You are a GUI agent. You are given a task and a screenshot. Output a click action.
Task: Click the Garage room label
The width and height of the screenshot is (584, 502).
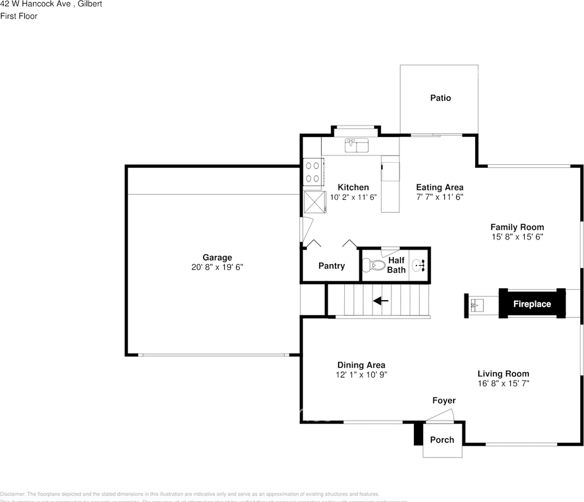pyautogui.click(x=217, y=257)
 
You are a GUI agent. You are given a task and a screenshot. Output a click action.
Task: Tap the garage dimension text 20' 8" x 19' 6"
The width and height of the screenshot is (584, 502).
pyautogui.click(x=217, y=267)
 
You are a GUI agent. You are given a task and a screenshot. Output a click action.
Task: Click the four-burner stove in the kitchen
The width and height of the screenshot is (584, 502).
pyautogui.click(x=313, y=172)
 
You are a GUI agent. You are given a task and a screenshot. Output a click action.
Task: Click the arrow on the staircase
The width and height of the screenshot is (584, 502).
pyautogui.click(x=380, y=301)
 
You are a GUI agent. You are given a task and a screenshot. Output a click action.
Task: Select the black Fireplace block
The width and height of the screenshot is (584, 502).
pyautogui.click(x=532, y=304)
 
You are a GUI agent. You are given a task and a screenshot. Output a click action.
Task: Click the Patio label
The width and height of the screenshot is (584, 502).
pyautogui.click(x=441, y=98)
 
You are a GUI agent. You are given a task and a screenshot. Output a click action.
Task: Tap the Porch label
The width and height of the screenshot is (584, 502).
pyautogui.click(x=442, y=440)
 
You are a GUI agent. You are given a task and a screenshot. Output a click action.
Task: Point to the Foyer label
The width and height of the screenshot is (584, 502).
pyautogui.click(x=444, y=401)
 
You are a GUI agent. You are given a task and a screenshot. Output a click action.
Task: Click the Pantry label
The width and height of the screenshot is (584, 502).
pyautogui.click(x=332, y=266)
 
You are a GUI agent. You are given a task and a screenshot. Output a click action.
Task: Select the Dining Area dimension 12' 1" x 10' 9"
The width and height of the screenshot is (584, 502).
pyautogui.click(x=361, y=375)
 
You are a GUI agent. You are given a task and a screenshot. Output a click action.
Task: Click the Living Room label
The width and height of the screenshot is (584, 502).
pyautogui.click(x=503, y=373)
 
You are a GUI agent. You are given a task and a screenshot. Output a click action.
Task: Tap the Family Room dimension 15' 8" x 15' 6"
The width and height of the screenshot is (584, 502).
pyautogui.click(x=517, y=237)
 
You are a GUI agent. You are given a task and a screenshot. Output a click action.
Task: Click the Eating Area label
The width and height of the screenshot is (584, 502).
pyautogui.click(x=440, y=187)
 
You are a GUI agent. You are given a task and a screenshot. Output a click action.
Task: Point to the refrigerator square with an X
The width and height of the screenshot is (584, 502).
pyautogui.click(x=315, y=202)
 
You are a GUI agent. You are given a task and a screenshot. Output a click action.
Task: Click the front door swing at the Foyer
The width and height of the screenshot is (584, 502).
pyautogui.click(x=441, y=415)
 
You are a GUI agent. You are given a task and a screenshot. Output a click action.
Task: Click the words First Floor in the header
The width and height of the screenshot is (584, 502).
pyautogui.click(x=19, y=16)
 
